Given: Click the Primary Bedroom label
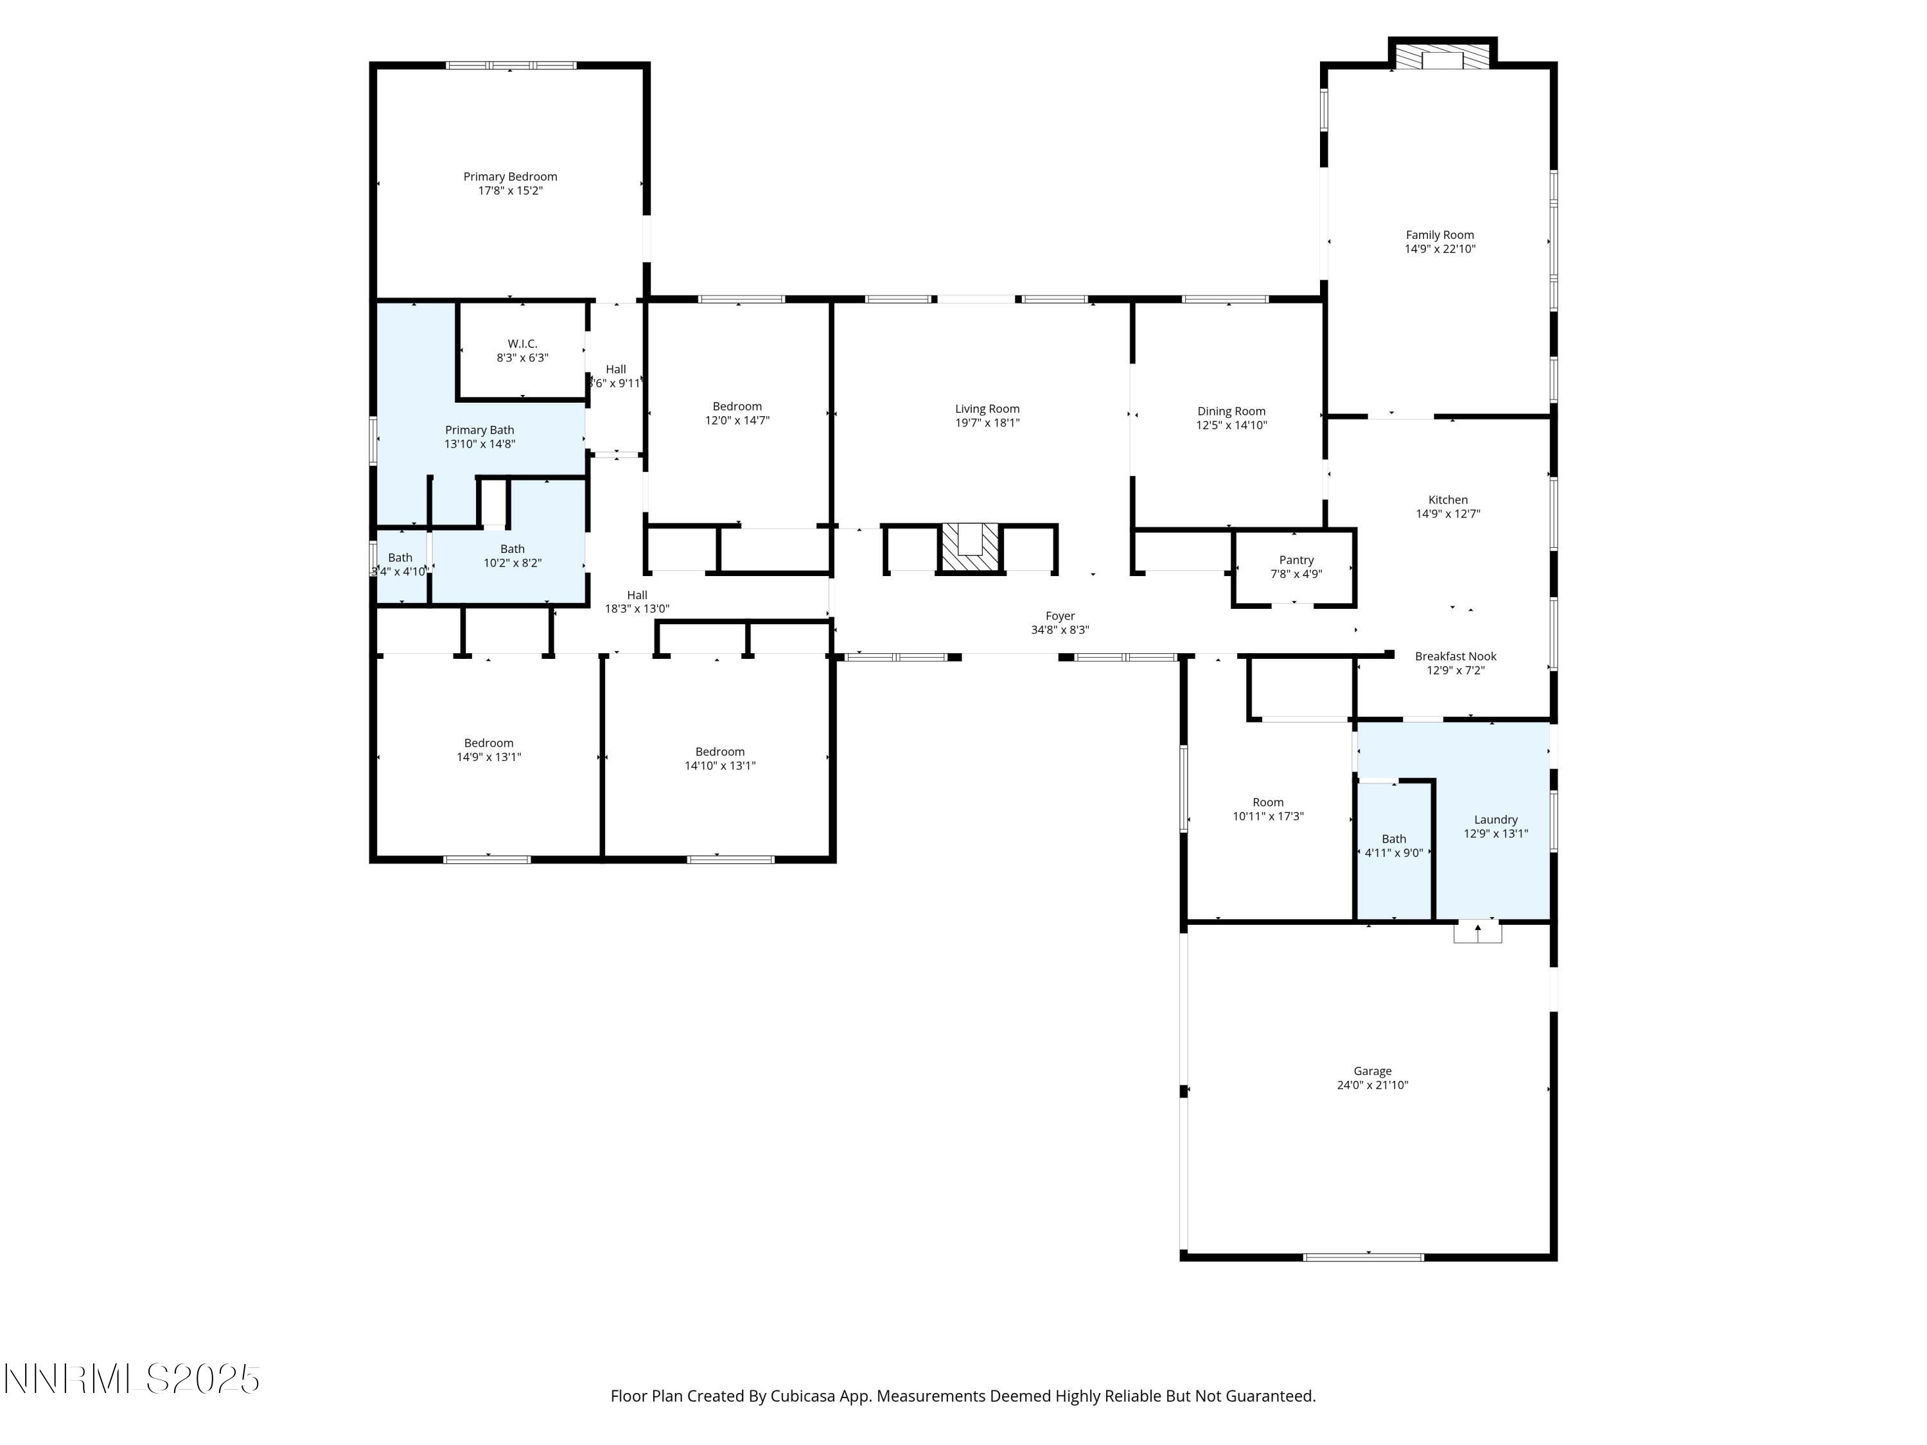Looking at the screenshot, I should (509, 177).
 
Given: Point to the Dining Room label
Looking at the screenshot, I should (1230, 411).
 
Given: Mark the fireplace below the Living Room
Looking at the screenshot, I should (971, 548).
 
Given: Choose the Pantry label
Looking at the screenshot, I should (1296, 560).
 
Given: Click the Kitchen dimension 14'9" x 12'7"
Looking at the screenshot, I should (1447, 514).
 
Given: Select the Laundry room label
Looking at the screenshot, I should (1495, 819).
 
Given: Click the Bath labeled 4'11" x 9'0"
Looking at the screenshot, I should (1393, 846).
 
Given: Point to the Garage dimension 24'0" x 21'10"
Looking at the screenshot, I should (1372, 1085).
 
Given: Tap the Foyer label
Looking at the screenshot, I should (1059, 616).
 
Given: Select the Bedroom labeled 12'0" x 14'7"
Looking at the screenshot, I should (737, 413).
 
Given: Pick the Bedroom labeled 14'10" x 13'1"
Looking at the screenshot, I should (719, 758).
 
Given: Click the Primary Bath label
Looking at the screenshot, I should (479, 430).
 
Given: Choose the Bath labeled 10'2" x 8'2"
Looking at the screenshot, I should (512, 556).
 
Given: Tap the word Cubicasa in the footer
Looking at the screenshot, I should (802, 1396).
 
